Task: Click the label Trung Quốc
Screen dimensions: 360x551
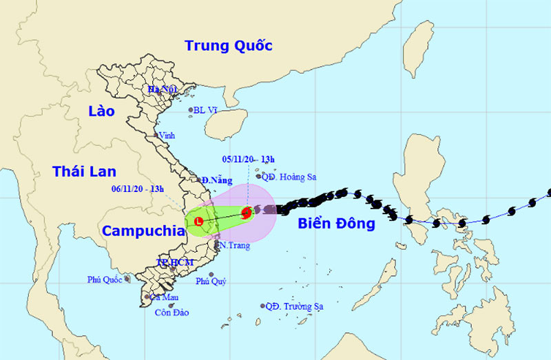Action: pos(229,46)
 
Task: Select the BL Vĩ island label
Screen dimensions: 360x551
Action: pos(206,110)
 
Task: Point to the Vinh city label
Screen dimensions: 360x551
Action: pos(166,136)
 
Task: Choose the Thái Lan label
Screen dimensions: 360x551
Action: pos(84,171)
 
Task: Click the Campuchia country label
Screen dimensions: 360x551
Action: pos(143,231)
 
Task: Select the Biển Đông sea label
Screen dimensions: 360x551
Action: pos(336,224)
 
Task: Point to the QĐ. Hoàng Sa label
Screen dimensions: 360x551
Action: pos(289,177)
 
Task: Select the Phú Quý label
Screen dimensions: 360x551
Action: pos(211,281)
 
